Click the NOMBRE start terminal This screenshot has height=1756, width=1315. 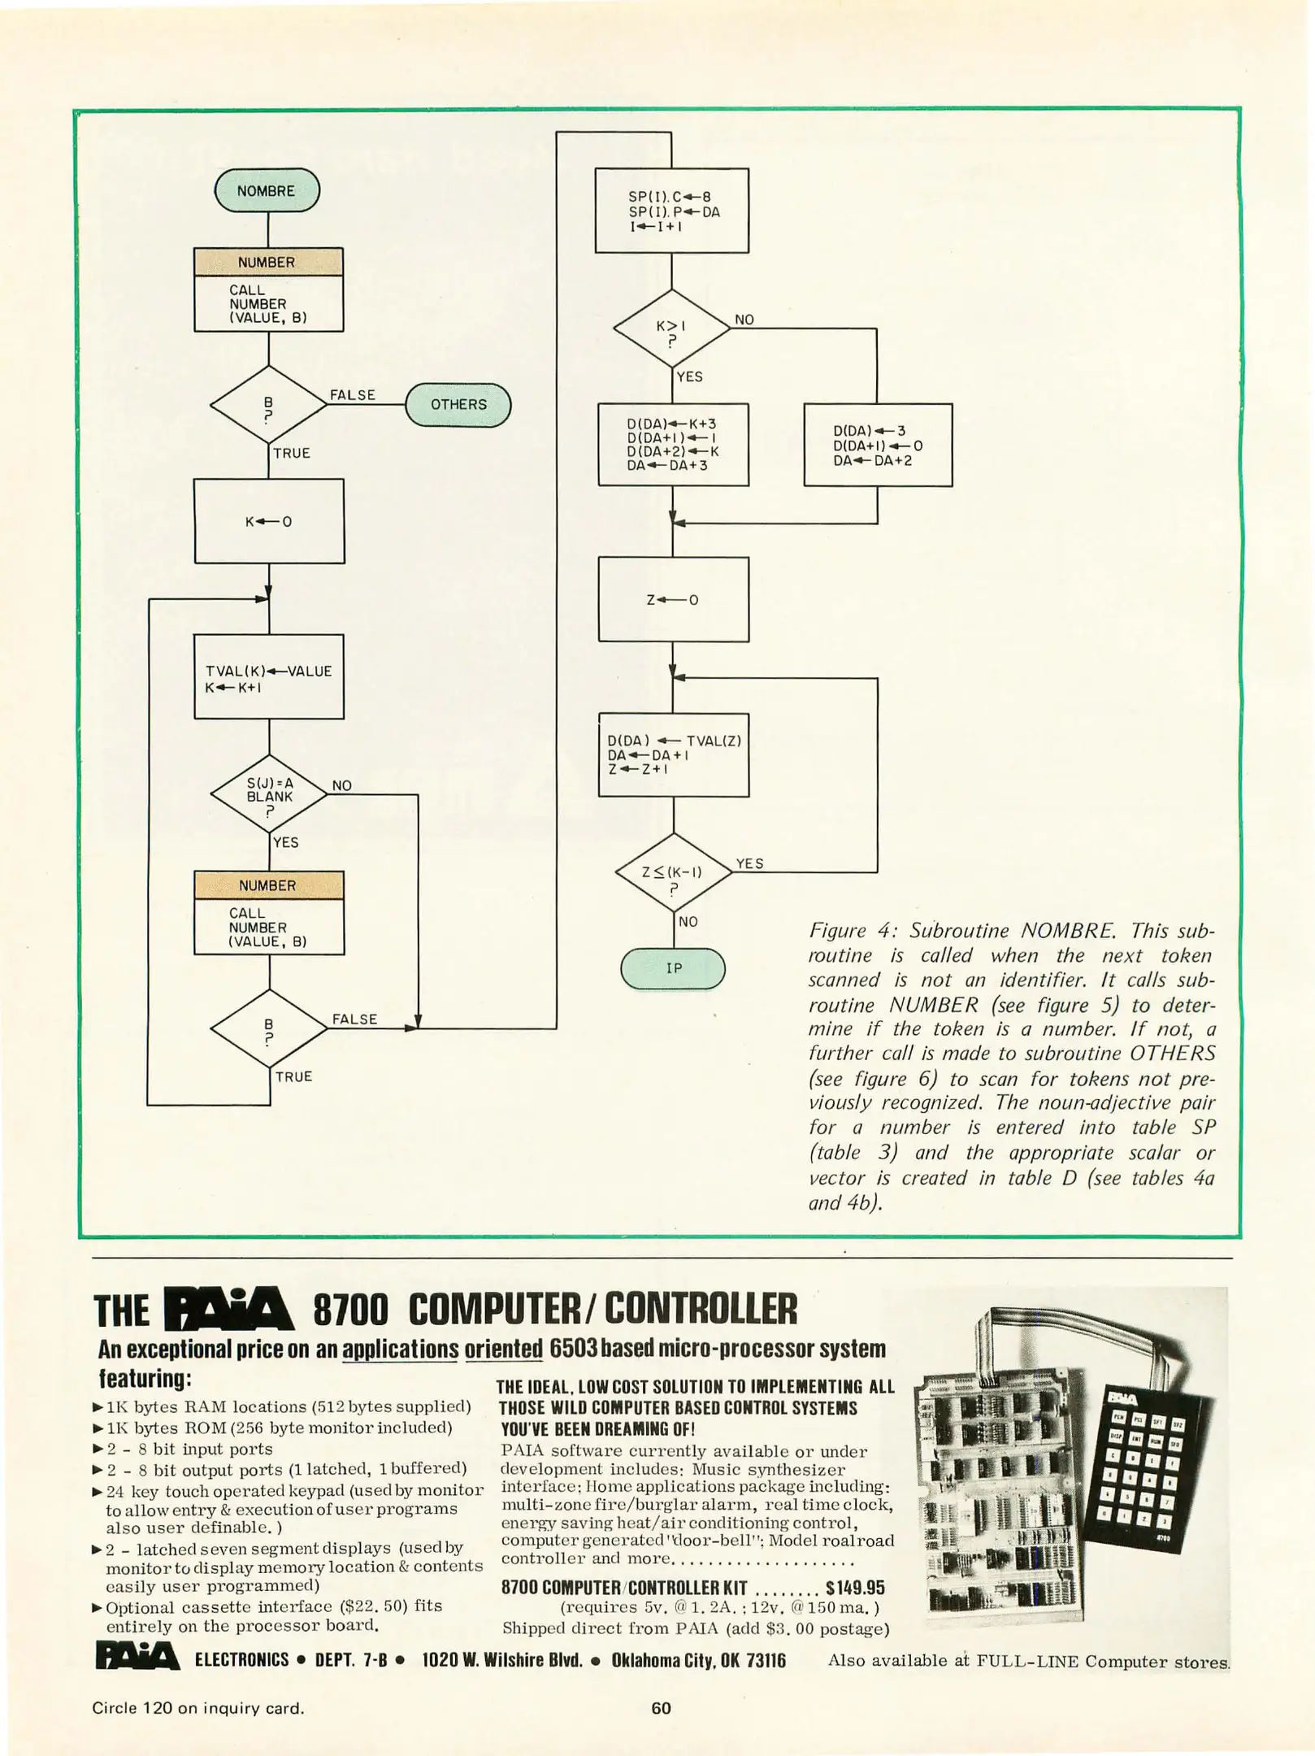[x=267, y=191]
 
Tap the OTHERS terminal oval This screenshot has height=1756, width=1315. [x=458, y=405]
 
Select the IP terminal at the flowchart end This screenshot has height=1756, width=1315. [x=673, y=968]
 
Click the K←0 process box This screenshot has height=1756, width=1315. [x=269, y=521]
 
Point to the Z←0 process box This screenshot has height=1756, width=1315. [x=673, y=600]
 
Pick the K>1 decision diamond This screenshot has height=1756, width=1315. [x=671, y=329]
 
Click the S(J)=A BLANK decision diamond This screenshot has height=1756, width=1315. [x=269, y=794]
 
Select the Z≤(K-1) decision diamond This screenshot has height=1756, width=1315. [x=673, y=873]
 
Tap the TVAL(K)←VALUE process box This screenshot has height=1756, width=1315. [x=269, y=676]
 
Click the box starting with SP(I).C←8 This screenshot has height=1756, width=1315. [x=671, y=211]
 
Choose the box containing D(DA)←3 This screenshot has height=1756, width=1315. [x=878, y=446]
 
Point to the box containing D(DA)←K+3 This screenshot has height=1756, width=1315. [x=673, y=445]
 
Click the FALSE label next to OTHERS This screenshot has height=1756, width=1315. [x=353, y=395]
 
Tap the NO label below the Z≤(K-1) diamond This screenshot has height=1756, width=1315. [x=688, y=922]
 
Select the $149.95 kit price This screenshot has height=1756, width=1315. [x=855, y=1588]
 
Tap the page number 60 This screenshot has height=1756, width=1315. [x=661, y=1708]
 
